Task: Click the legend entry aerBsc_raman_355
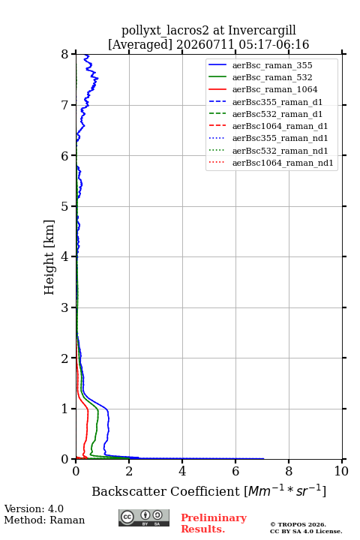272,65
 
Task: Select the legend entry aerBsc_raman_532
272,77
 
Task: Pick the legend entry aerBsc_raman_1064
275,89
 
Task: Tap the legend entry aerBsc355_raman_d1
277,102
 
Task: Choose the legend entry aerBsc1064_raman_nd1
283,163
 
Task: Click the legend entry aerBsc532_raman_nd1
280,151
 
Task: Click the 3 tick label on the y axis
65,307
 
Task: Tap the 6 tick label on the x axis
235,471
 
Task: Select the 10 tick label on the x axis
341,471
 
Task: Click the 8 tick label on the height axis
65,55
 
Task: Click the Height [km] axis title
49,257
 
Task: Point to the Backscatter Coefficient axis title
208,490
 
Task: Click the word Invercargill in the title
262,30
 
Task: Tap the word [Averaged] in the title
140,44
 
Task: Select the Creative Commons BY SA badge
144,517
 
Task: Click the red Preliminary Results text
214,523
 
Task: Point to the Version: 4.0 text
34,508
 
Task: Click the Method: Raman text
44,520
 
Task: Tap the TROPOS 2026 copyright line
298,524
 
